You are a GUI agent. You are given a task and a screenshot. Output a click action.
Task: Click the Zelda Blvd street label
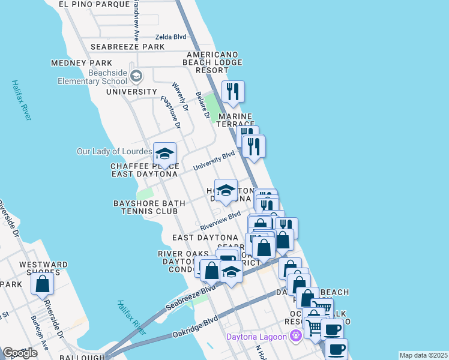point(171,37)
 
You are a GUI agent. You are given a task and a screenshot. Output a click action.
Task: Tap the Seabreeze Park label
point(127,47)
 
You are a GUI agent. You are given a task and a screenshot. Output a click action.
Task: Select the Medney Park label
point(82,63)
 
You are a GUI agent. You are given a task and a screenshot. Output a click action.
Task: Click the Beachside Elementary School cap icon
point(137,76)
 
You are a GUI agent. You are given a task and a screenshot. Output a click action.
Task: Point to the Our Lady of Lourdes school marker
point(164,152)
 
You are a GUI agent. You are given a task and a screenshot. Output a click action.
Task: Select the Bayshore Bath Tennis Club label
point(146,208)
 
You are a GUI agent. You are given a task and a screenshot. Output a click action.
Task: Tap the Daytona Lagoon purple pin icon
point(295,335)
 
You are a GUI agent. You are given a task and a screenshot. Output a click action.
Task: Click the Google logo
point(20,353)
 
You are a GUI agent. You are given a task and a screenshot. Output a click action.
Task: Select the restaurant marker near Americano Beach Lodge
point(233,92)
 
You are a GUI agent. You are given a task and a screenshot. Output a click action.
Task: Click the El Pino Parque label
point(95,4)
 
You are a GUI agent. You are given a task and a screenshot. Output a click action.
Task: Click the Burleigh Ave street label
point(40,334)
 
